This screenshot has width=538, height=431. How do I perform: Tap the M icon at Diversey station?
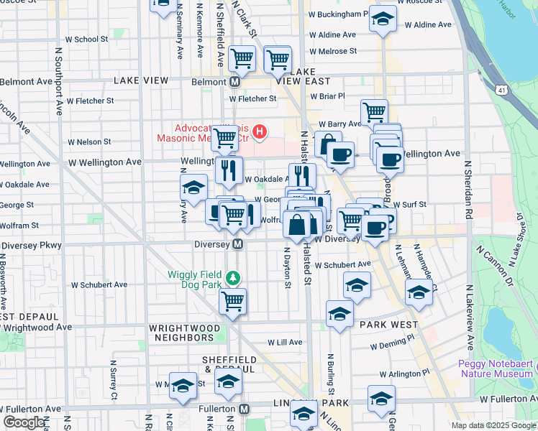click(237, 245)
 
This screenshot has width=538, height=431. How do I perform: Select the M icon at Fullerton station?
click(245, 409)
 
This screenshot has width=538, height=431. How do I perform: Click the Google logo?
click(24, 422)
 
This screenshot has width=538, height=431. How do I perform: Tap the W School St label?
click(86, 40)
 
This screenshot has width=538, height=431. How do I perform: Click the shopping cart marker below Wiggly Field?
click(232, 302)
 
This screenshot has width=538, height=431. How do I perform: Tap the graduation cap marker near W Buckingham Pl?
click(383, 19)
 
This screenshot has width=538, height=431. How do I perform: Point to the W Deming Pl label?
click(395, 346)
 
